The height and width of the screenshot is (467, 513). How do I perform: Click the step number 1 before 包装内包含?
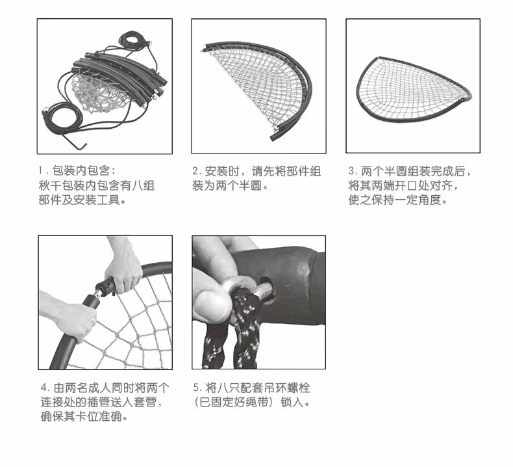tap(41, 172)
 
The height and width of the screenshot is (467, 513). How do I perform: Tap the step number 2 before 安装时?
tap(195, 172)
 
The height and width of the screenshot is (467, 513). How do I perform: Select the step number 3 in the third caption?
tap(351, 172)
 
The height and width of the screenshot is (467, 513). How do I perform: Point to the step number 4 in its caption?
tap(42, 388)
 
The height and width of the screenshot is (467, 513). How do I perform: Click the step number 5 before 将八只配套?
tap(195, 388)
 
